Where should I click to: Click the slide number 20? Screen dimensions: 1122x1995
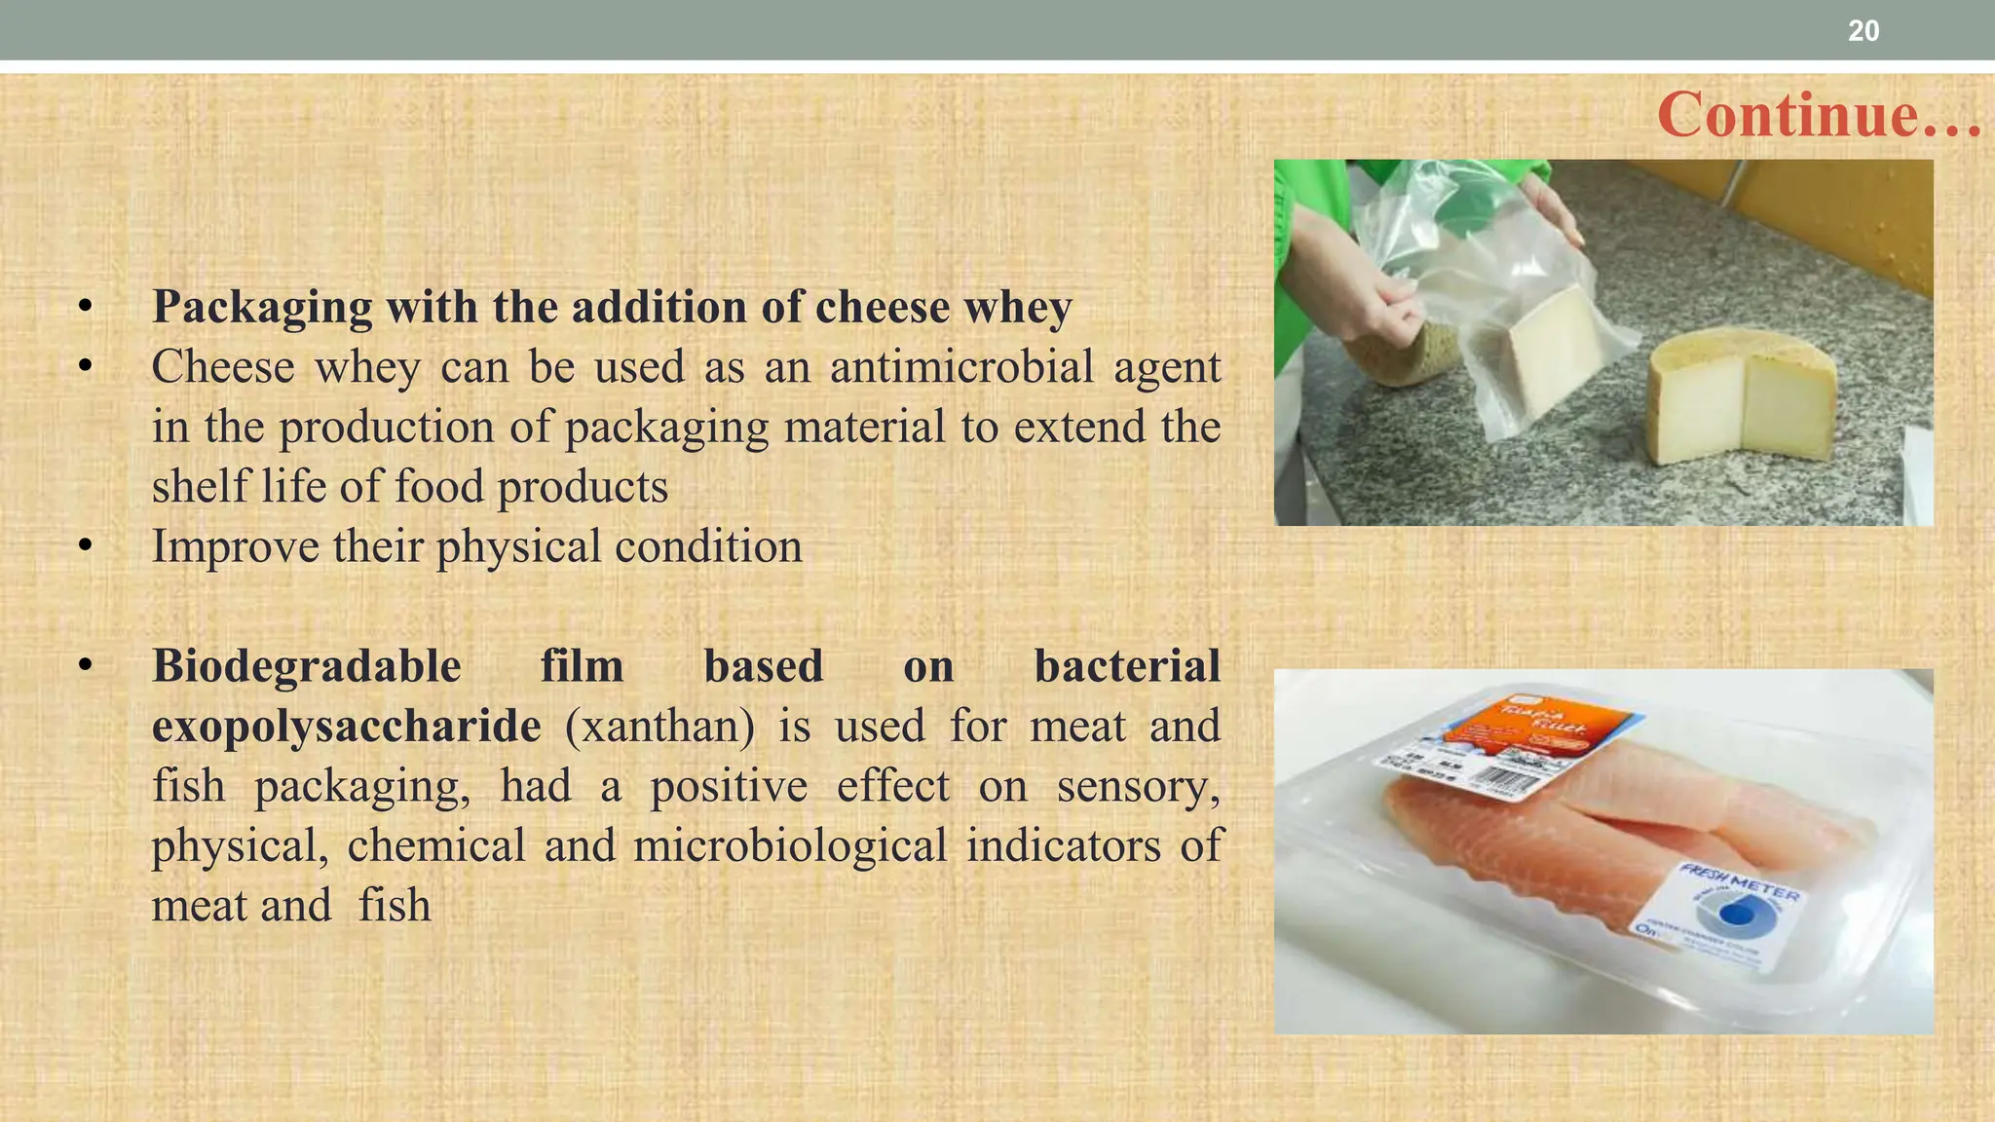coord(1863,31)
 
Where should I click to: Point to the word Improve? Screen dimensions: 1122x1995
coord(235,547)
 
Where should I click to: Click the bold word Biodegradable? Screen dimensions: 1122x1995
coord(307,667)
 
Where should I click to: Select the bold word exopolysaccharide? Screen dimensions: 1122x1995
coord(346,727)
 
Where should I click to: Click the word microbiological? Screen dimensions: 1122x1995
coord(789,846)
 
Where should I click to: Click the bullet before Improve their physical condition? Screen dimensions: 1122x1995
coord(86,547)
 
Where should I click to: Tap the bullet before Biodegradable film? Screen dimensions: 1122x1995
coord(86,667)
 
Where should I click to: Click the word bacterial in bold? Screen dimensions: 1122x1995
coord(1126,667)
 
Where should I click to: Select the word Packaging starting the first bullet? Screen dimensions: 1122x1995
coord(261,308)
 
